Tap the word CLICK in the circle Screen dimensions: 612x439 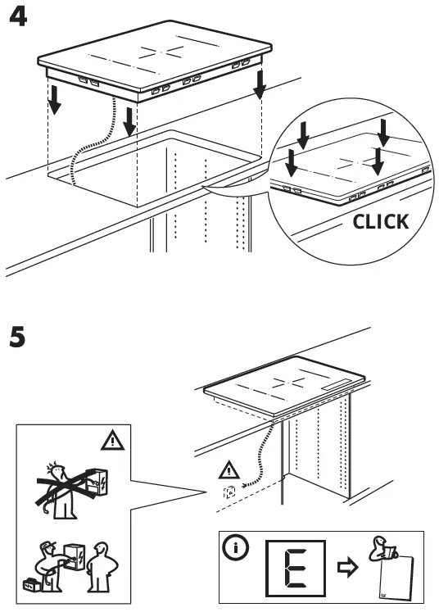tap(379, 222)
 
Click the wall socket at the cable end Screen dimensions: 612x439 tap(231, 493)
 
